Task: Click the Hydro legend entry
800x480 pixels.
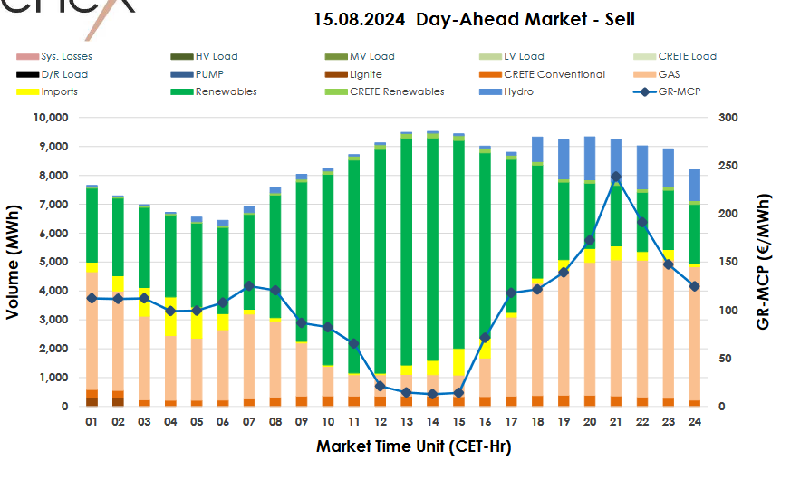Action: coord(519,91)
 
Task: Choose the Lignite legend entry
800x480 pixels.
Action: coord(365,74)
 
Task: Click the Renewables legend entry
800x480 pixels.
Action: coord(226,91)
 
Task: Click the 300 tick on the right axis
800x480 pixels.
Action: coord(726,118)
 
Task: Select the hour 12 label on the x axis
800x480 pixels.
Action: coord(381,422)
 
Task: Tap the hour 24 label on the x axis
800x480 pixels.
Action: coord(695,422)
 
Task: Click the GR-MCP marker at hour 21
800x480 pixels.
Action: coord(616,177)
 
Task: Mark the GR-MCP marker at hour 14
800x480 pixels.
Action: coord(432,394)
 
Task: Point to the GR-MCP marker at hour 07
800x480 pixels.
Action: coord(249,285)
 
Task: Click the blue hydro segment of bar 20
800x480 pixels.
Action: coord(590,158)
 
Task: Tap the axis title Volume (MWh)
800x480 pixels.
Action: coord(14,263)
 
